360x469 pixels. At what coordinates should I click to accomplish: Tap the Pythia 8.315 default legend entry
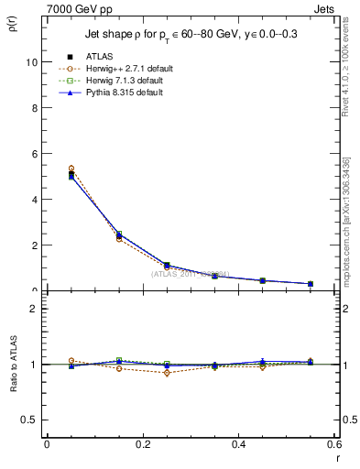123,93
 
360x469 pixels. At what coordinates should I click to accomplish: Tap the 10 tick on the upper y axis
33,62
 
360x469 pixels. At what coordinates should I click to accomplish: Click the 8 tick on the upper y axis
35,108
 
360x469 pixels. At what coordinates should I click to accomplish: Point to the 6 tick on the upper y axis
35,154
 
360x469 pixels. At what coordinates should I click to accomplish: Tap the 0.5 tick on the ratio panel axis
30,420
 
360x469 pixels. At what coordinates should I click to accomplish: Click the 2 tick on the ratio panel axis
35,309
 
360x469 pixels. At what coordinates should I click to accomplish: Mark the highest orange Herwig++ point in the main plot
47,169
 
